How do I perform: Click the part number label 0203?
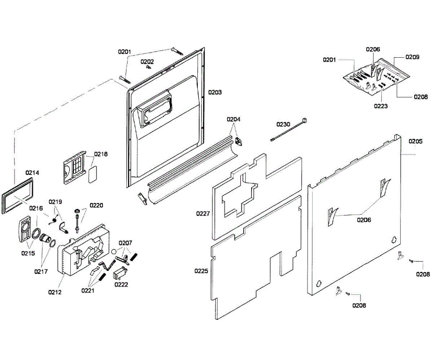215,92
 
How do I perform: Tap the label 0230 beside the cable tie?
283,124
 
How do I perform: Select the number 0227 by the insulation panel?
203,214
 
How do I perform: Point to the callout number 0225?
201,271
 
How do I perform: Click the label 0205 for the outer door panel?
415,141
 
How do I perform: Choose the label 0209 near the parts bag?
412,57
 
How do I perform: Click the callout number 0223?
381,106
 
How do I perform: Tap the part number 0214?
32,173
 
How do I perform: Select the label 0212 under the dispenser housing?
54,292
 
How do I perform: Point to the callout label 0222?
121,285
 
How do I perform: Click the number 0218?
101,154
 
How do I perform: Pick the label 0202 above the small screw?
147,62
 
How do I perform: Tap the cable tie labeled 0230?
289,130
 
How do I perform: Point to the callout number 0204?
233,119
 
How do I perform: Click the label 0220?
96,206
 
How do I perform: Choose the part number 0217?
41,272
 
